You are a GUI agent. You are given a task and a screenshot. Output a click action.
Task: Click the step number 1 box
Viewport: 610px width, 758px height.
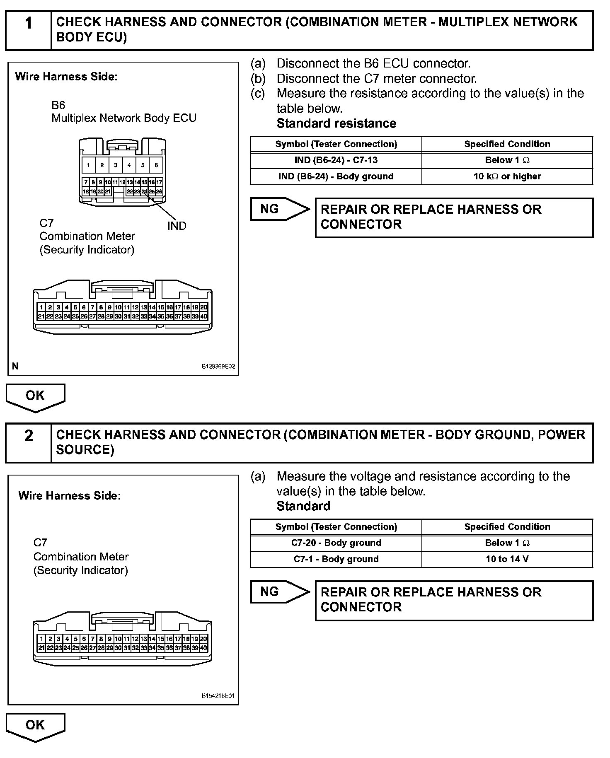click(x=28, y=30)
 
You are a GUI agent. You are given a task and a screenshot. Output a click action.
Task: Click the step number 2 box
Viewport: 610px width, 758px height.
click(x=28, y=443)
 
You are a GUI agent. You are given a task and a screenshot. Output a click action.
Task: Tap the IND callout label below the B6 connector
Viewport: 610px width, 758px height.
click(x=177, y=226)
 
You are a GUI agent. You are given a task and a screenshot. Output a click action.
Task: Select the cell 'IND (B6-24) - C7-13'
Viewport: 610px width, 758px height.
click(x=336, y=160)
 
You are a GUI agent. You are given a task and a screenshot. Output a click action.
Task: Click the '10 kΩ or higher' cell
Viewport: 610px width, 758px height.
click(x=507, y=176)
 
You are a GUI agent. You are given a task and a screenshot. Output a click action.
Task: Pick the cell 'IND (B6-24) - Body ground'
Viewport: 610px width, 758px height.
click(x=336, y=176)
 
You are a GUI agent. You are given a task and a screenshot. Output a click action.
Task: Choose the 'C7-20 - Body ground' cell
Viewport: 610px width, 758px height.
click(x=336, y=543)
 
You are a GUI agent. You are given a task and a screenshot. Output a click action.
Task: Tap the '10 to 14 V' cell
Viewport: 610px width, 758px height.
click(x=507, y=559)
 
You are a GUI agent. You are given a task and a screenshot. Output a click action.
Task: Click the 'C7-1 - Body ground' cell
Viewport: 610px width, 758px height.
click(x=336, y=559)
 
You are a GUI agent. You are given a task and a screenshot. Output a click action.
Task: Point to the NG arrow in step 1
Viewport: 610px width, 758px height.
click(x=279, y=209)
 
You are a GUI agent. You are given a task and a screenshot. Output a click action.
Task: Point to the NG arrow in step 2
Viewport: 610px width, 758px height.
click(x=279, y=592)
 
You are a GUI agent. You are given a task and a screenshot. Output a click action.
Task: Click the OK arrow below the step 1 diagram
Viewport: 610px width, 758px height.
click(x=35, y=397)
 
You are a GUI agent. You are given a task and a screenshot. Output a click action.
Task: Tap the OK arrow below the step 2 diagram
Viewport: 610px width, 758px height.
click(x=35, y=726)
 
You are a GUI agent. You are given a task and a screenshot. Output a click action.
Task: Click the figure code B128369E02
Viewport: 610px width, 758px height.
click(x=218, y=367)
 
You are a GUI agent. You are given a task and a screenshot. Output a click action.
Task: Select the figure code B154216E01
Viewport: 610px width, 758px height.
click(x=218, y=696)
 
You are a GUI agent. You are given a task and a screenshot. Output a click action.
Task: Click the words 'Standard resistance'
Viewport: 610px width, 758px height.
click(x=336, y=123)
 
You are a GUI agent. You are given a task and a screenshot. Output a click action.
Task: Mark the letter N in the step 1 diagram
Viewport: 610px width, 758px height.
click(x=15, y=366)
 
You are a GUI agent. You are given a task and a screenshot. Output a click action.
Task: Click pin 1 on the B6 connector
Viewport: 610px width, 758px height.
click(x=88, y=165)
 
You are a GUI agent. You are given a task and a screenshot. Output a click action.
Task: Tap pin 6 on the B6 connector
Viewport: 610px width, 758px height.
click(x=156, y=165)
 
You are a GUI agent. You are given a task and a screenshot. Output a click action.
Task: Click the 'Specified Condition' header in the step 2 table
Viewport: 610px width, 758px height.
click(x=507, y=527)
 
